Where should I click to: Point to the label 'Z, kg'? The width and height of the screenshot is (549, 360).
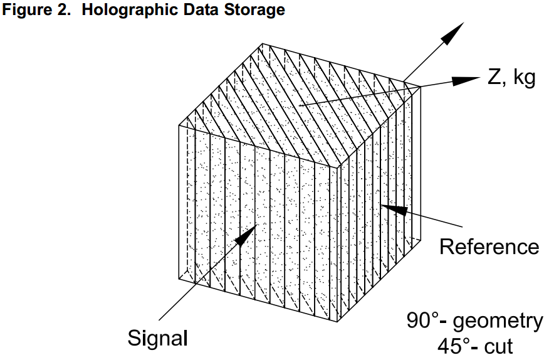point(511,80)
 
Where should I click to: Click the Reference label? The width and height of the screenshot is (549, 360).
point(489,246)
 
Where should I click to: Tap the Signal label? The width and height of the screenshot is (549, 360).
point(158,339)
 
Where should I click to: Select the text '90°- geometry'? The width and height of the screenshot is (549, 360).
point(475,321)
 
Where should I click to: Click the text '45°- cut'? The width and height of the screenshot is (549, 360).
point(474,345)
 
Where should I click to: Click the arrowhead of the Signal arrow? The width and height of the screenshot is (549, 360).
point(248,233)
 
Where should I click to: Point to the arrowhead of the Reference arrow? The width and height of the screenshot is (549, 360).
point(389,208)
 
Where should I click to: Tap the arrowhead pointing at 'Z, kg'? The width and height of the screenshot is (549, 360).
point(467,80)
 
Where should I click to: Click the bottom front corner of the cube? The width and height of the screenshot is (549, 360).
point(340,322)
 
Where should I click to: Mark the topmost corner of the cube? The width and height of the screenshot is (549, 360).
point(262,44)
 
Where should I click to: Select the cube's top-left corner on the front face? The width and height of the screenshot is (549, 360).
point(180,124)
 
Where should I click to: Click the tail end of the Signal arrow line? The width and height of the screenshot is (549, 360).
point(159,320)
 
